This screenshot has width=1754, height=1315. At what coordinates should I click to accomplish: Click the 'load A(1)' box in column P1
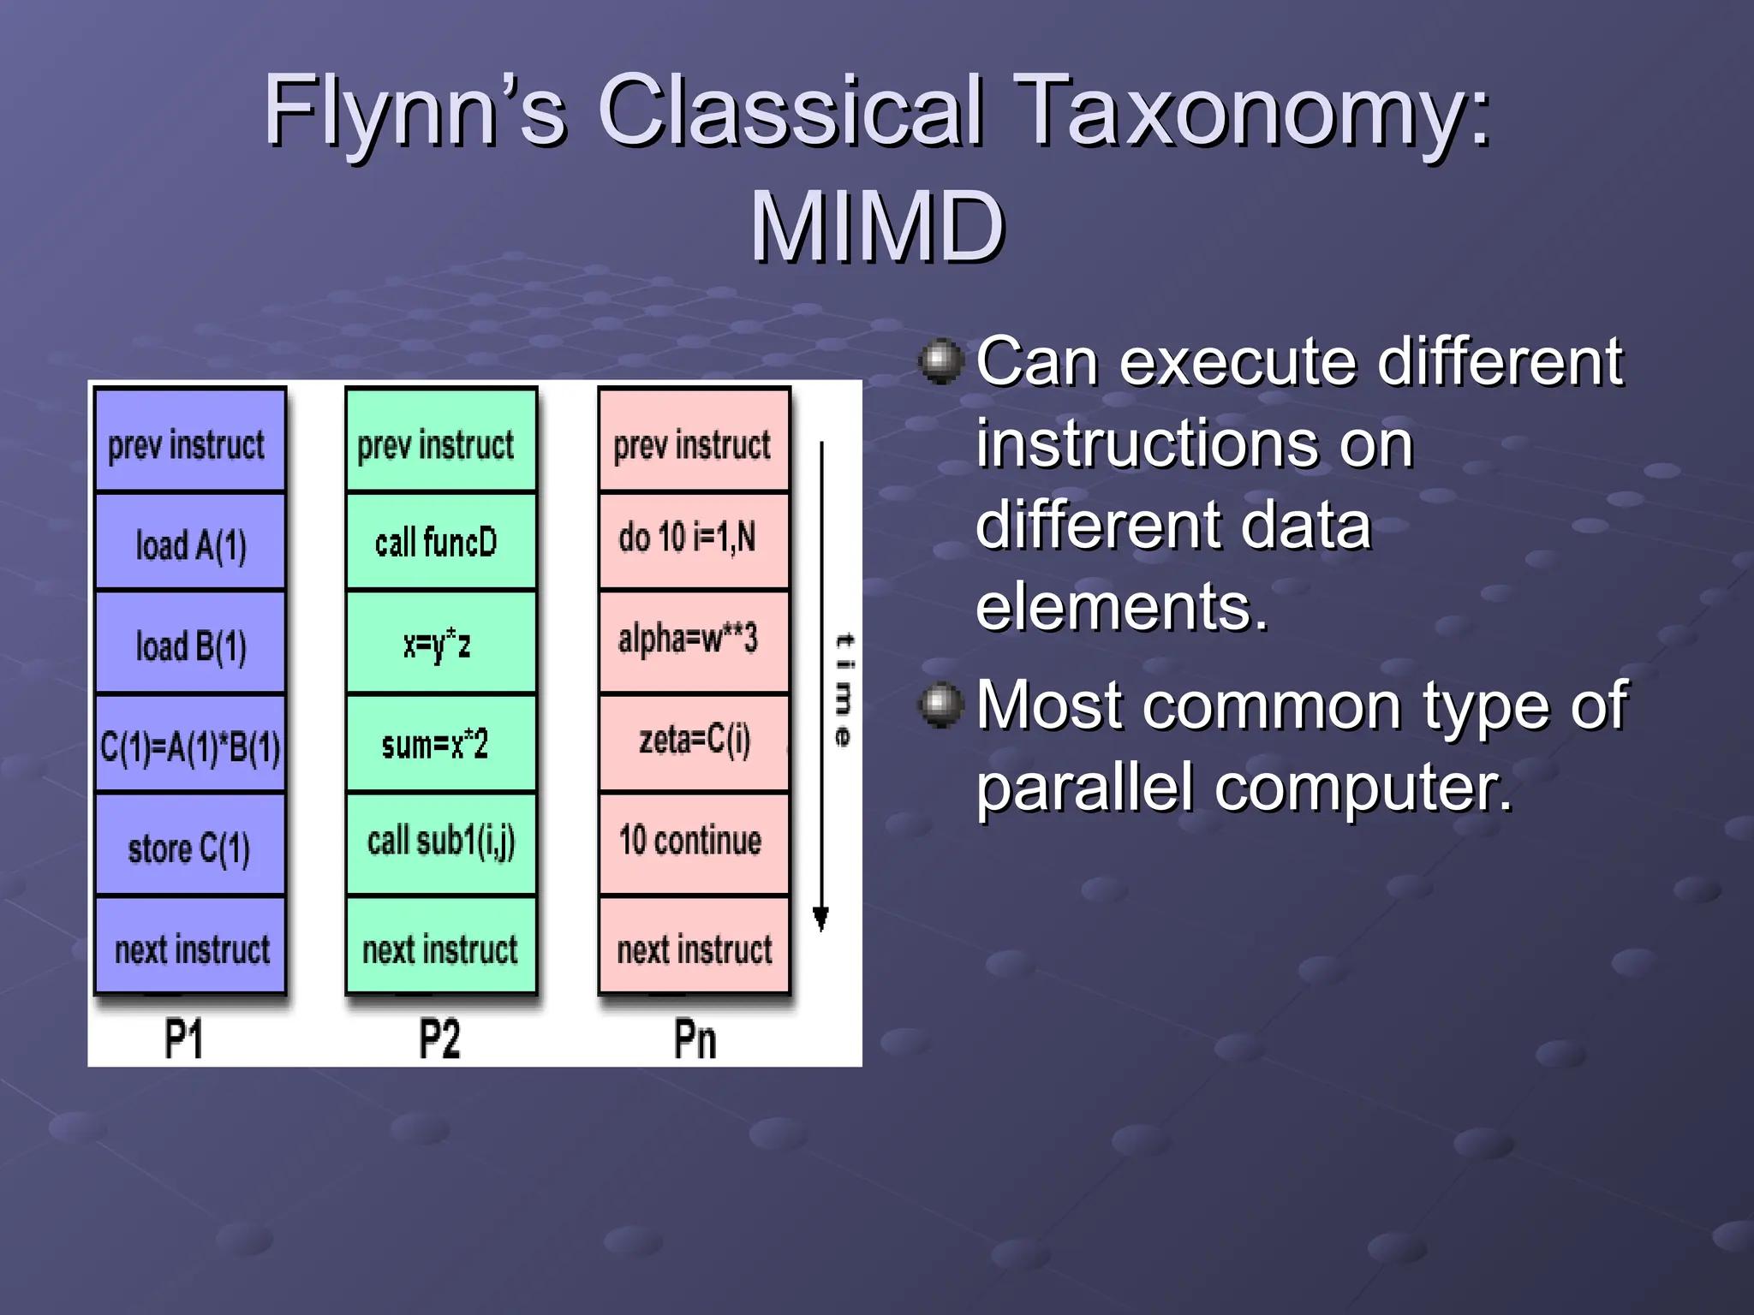pyautogui.click(x=190, y=543)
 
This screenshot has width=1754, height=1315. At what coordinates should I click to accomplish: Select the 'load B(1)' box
pyautogui.click(x=190, y=643)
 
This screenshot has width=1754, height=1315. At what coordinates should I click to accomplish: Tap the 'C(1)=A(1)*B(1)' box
pyautogui.click(x=190, y=744)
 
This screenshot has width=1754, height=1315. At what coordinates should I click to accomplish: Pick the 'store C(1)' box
pyautogui.click(x=190, y=846)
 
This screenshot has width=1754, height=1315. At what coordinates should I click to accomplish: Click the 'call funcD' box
pyautogui.click(x=440, y=543)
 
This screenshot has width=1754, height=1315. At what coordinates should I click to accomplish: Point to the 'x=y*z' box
pyautogui.click(x=440, y=643)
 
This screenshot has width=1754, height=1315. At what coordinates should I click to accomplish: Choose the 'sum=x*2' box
pyautogui.click(x=440, y=744)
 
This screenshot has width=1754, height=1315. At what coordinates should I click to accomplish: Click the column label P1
pyautogui.click(x=183, y=1039)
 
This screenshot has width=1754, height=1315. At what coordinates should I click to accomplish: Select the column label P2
pyautogui.click(x=439, y=1039)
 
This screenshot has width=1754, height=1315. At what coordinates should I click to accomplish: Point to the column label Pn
pyautogui.click(x=695, y=1039)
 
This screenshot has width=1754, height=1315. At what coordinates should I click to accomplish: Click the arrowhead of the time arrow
pyautogui.click(x=820, y=919)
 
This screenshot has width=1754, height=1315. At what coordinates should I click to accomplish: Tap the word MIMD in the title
pyautogui.click(x=877, y=227)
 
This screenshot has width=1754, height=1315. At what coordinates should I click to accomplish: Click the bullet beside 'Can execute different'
pyautogui.click(x=941, y=361)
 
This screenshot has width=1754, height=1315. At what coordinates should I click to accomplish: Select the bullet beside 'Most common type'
pyautogui.click(x=941, y=705)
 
